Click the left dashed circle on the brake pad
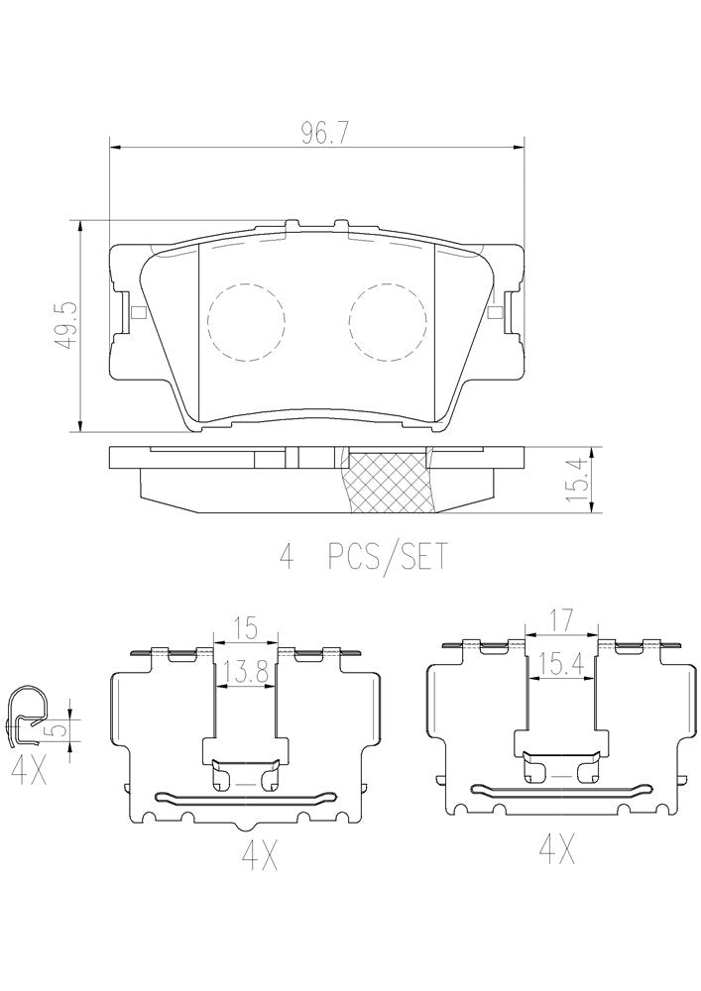pyautogui.click(x=246, y=321)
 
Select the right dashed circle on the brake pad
pyautogui.click(x=388, y=321)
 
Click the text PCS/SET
pyautogui.click(x=387, y=557)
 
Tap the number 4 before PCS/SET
pyautogui.click(x=288, y=557)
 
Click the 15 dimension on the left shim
pyautogui.click(x=245, y=629)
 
